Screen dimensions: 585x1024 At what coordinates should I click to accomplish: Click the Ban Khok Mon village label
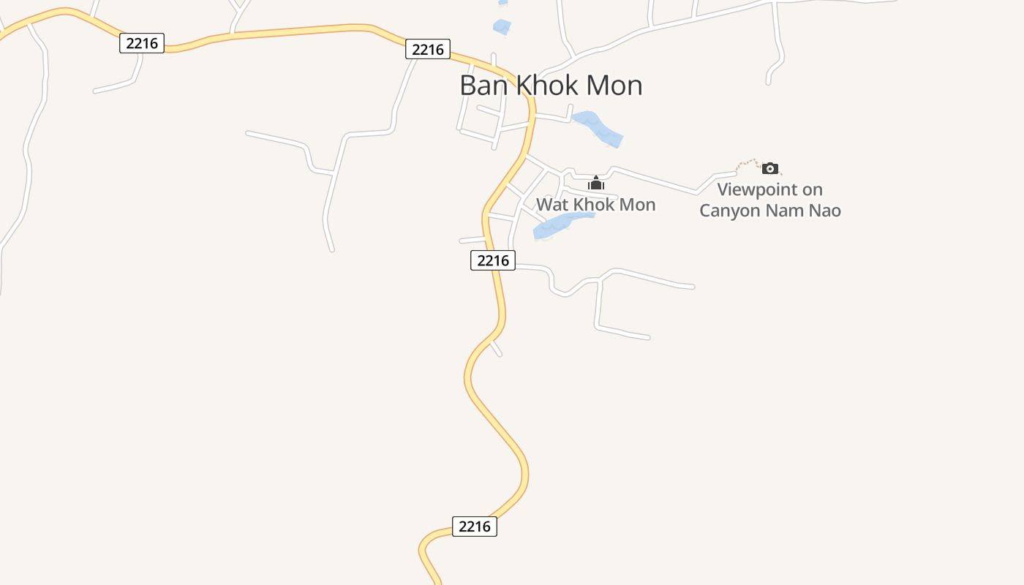[x=551, y=86]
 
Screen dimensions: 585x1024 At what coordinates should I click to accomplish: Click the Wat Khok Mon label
[x=595, y=205]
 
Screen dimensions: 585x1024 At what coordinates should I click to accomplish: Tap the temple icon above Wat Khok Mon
[x=596, y=183]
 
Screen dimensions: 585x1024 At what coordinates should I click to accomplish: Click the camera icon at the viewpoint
[x=769, y=169]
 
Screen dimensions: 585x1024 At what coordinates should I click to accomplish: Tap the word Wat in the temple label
[x=552, y=205]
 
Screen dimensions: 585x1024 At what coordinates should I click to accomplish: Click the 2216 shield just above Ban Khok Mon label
[x=428, y=49]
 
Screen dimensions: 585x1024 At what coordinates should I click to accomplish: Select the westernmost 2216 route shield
[x=142, y=43]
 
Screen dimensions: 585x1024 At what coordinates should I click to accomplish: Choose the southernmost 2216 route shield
[x=475, y=526]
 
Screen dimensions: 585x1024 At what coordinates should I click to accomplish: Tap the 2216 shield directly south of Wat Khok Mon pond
[x=493, y=260]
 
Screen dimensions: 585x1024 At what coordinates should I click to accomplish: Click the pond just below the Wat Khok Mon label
[x=560, y=226]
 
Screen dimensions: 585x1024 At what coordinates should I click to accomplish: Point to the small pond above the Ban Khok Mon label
[x=502, y=28]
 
